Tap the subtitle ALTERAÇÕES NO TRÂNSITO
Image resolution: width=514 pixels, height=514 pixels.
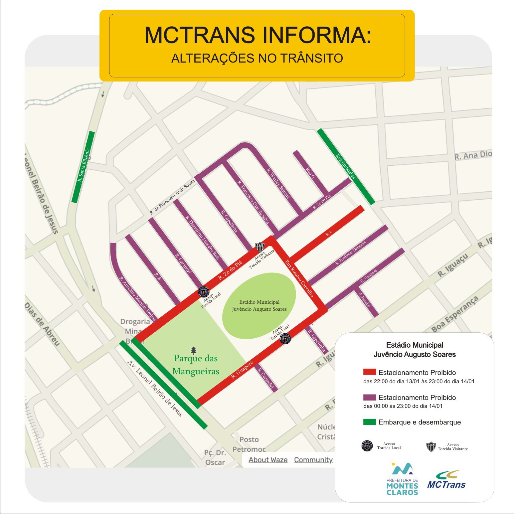[x=257, y=58]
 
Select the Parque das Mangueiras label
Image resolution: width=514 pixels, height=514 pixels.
[x=196, y=364]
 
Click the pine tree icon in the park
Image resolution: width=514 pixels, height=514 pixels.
[x=194, y=350]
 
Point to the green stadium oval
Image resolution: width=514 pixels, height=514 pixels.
[x=259, y=306]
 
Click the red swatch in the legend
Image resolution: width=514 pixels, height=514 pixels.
[x=369, y=372]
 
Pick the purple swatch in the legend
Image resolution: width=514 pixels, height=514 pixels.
[x=369, y=397]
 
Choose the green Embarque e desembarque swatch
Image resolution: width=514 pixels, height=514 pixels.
[x=369, y=422]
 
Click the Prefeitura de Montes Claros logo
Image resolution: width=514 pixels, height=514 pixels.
[x=402, y=479]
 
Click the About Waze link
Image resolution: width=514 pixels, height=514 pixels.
[x=268, y=459]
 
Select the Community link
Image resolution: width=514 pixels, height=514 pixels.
[x=313, y=459]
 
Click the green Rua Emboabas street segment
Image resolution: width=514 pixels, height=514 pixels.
[x=346, y=166]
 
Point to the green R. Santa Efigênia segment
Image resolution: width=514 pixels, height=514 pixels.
[x=84, y=167]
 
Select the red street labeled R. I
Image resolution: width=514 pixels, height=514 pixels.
[x=328, y=234]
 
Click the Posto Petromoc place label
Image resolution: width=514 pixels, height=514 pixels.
[x=249, y=444]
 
